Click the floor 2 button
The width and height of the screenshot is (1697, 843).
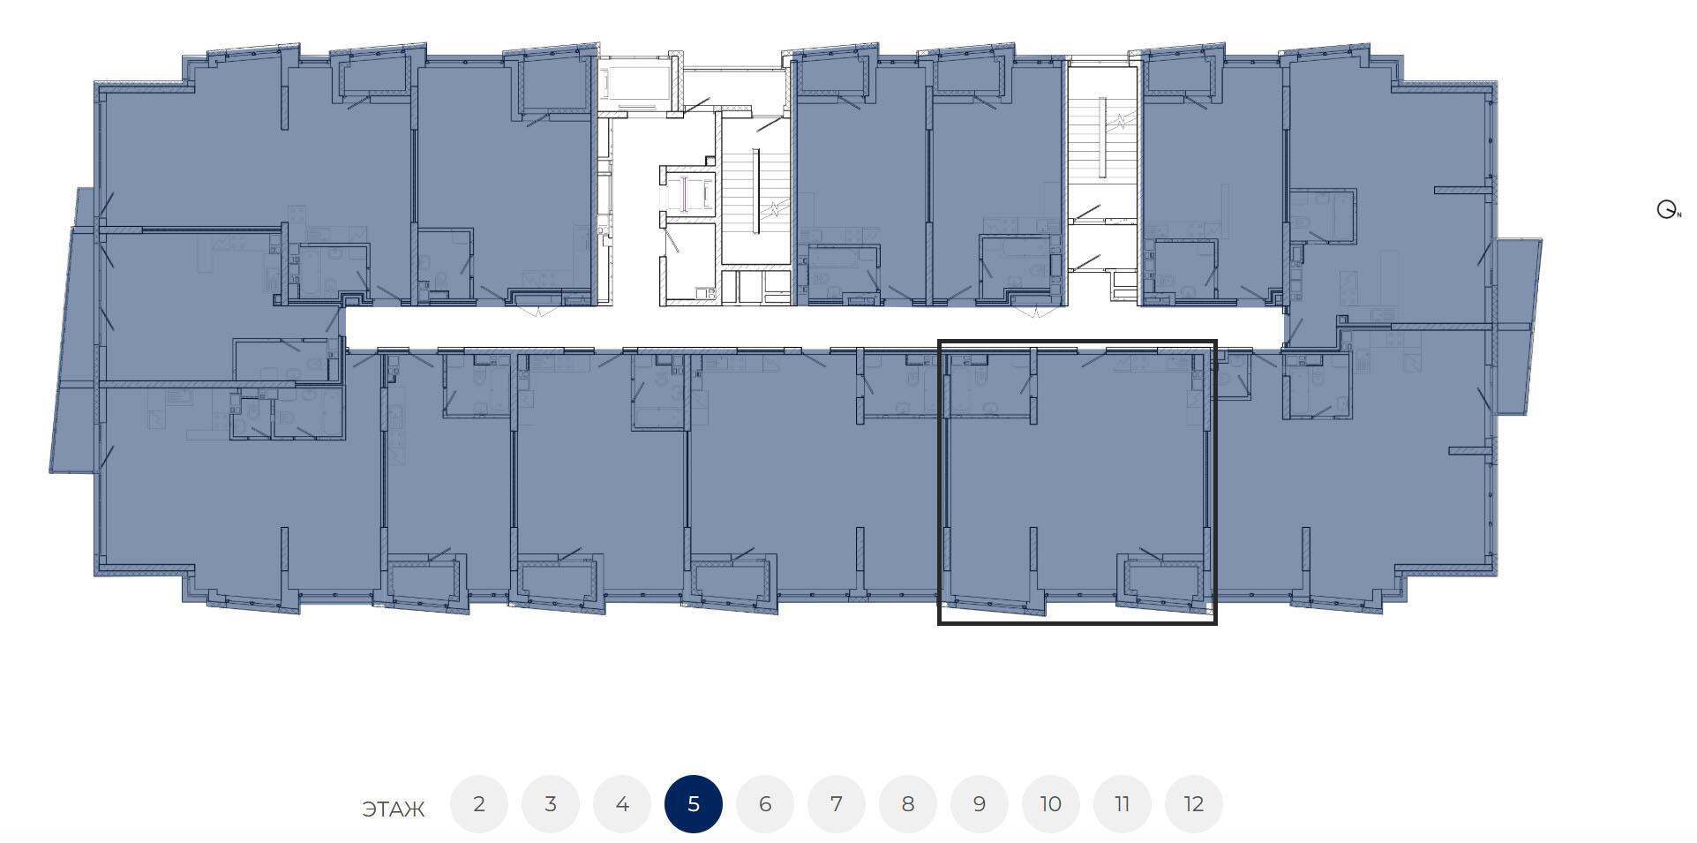(479, 804)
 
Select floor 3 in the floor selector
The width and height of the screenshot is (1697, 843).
(551, 804)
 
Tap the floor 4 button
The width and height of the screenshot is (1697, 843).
(622, 804)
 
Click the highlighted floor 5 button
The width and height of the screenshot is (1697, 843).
(694, 804)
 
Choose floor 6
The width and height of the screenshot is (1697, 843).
(765, 804)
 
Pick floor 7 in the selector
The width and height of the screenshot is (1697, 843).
(837, 804)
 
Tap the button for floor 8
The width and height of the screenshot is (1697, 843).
(908, 804)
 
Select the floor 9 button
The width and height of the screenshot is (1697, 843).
(980, 804)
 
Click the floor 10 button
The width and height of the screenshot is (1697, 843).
(1051, 804)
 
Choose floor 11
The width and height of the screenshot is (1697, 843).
(1123, 804)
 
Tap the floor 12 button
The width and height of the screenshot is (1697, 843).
(1194, 804)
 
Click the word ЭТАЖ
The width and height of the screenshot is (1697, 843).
(394, 809)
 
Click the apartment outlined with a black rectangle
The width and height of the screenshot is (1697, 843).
(1078, 482)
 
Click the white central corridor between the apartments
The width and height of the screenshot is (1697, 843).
(812, 327)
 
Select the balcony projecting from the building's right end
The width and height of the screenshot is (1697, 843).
(1516, 326)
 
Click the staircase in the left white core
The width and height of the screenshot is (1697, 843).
(755, 190)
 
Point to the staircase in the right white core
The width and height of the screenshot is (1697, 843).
(1102, 132)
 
